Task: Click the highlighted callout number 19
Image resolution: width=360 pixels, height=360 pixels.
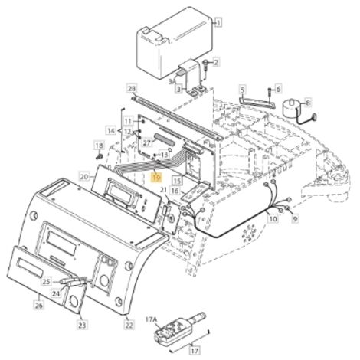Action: (x=156, y=177)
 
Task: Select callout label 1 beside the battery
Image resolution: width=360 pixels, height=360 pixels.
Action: (x=218, y=22)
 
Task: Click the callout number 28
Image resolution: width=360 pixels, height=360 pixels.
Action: (x=132, y=88)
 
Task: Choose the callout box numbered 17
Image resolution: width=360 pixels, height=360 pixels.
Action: (x=195, y=350)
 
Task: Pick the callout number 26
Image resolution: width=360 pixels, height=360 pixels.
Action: (x=38, y=305)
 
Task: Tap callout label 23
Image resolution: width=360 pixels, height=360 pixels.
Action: (x=82, y=325)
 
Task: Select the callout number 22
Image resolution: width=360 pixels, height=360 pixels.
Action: (x=129, y=325)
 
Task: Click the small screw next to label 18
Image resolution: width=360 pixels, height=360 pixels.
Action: (x=99, y=156)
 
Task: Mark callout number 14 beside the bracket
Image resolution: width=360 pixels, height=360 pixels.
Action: (x=111, y=131)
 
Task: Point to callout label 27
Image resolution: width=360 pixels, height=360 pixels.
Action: (x=147, y=142)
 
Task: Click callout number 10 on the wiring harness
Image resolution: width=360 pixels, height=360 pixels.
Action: (x=273, y=218)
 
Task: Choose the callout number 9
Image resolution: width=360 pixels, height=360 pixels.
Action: (x=295, y=218)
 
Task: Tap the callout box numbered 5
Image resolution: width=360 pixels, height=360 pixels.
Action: (x=242, y=90)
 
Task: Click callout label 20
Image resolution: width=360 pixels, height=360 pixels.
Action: (x=84, y=177)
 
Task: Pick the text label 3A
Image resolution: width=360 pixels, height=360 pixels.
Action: (x=172, y=82)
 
